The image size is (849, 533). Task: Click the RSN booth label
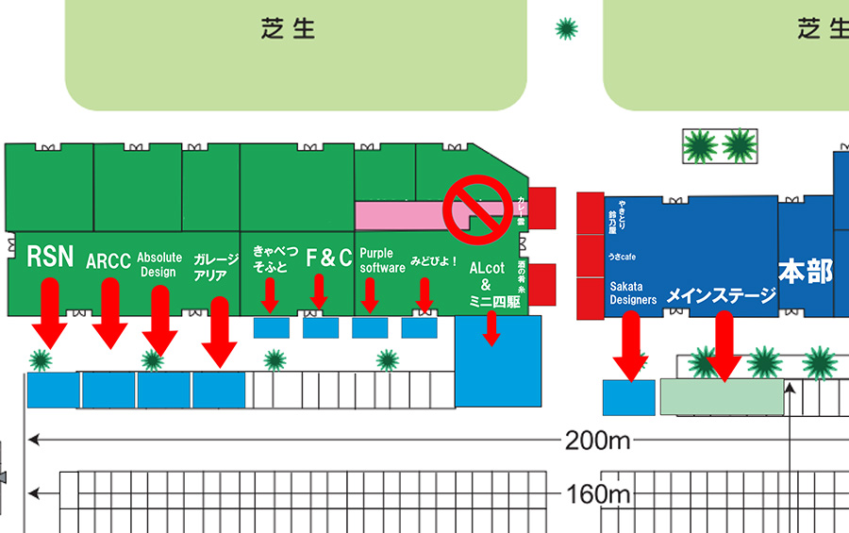pyautogui.click(x=50, y=256)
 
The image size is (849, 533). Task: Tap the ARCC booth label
pyautogui.click(x=108, y=261)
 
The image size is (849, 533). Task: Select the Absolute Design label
pyautogui.click(x=159, y=264)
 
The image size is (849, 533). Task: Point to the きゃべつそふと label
pyautogui.click(x=275, y=259)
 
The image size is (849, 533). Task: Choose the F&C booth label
pyautogui.click(x=329, y=258)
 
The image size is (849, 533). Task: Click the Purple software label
pyautogui.click(x=382, y=260)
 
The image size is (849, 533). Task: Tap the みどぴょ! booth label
pyautogui.click(x=434, y=260)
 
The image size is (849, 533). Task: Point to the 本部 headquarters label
pyautogui.click(x=805, y=272)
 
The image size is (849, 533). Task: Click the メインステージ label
pyautogui.click(x=721, y=296)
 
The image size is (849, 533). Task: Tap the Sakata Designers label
pyautogui.click(x=633, y=292)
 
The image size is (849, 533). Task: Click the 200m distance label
pyautogui.click(x=597, y=441)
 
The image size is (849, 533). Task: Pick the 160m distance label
pyautogui.click(x=597, y=493)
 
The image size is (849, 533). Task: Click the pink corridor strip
pyautogui.click(x=406, y=214)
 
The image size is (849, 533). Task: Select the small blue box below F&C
pyautogui.click(x=321, y=327)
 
